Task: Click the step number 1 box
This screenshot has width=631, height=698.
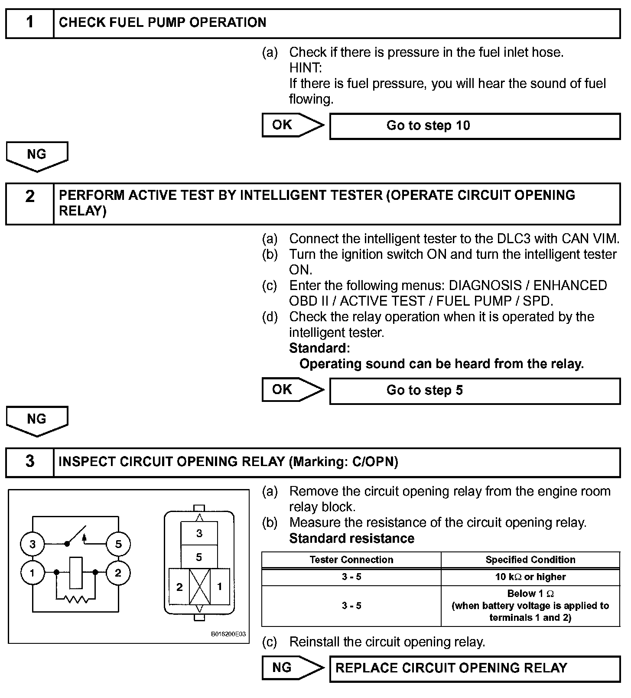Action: (29, 23)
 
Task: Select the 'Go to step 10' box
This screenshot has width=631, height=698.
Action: (475, 126)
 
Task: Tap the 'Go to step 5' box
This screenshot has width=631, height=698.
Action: (475, 391)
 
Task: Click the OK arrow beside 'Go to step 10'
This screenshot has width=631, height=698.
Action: (293, 125)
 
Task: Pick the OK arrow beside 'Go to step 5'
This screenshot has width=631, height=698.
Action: (293, 390)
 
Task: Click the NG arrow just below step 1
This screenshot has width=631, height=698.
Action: (37, 156)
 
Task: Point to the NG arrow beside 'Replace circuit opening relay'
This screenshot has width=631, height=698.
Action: (293, 668)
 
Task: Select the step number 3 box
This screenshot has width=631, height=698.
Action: (29, 462)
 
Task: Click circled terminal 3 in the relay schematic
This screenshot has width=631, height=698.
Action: (33, 544)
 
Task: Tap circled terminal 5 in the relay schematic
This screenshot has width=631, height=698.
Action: (118, 544)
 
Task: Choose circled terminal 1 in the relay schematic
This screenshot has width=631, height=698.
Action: (33, 573)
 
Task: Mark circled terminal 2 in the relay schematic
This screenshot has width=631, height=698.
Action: (118, 573)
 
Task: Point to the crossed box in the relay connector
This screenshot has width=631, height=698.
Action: (200, 587)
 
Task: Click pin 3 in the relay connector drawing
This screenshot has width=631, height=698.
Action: (199, 533)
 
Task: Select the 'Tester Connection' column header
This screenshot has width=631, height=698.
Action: (351, 560)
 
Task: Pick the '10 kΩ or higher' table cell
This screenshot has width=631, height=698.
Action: (530, 577)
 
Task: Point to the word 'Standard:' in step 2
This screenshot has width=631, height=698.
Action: (319, 348)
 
